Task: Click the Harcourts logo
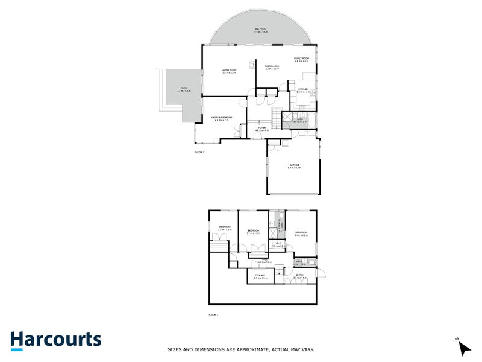(55, 340)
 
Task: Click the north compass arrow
(463, 348)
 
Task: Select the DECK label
(183, 89)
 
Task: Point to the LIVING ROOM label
(229, 71)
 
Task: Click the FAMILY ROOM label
(301, 59)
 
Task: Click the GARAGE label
(294, 166)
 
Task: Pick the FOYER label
(262, 129)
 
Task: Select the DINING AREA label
(272, 67)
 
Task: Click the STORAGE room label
(260, 276)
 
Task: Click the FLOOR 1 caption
(213, 314)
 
